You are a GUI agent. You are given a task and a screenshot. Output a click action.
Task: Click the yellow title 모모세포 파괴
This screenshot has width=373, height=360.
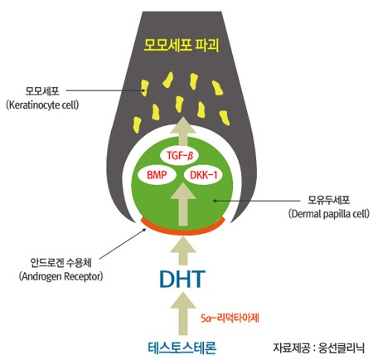pyautogui.click(x=182, y=45)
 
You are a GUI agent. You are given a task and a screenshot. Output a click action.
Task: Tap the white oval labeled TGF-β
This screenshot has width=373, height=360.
pyautogui.click(x=179, y=156)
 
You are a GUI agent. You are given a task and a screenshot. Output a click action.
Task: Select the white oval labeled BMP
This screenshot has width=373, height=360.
pyautogui.click(x=157, y=175)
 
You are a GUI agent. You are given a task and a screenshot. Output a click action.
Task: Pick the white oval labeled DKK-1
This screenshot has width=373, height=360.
pyautogui.click(x=204, y=175)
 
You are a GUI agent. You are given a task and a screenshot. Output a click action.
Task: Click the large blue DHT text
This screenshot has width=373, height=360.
pyautogui.click(x=182, y=279)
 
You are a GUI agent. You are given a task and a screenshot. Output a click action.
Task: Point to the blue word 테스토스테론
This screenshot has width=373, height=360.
pyautogui.click(x=182, y=348)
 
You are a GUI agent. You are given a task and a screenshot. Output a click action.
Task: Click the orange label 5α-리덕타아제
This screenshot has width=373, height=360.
pyautogui.click(x=230, y=319)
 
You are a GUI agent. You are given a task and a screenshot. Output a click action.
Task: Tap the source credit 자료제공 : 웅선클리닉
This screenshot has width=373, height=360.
pyautogui.click(x=318, y=348)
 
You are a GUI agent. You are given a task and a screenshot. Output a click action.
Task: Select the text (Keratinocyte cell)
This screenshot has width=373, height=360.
pyautogui.click(x=42, y=105)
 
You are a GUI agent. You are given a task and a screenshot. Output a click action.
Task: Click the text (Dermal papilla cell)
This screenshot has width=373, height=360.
pyautogui.click(x=329, y=214)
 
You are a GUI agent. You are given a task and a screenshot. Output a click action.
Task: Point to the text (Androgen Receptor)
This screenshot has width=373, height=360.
pyautogui.click(x=61, y=276)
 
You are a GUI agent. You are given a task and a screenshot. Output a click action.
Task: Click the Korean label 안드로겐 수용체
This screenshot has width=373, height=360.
pyautogui.click(x=61, y=263)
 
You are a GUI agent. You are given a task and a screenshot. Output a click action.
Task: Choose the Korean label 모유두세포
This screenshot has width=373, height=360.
pyautogui.click(x=329, y=200)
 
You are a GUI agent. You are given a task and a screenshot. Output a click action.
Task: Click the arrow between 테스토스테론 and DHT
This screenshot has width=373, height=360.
pyautogui.click(x=183, y=314)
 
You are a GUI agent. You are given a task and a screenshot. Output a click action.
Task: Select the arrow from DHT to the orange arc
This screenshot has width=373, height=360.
pyautogui.click(x=183, y=251)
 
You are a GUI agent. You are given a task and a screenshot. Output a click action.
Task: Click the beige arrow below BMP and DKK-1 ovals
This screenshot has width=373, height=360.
pyautogui.click(x=183, y=204)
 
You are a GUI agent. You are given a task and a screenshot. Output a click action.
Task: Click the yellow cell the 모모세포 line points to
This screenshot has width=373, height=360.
pyautogui.click(x=144, y=88)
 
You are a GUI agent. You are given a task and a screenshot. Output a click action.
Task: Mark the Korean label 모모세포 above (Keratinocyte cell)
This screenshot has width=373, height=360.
pyautogui.click(x=42, y=90)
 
